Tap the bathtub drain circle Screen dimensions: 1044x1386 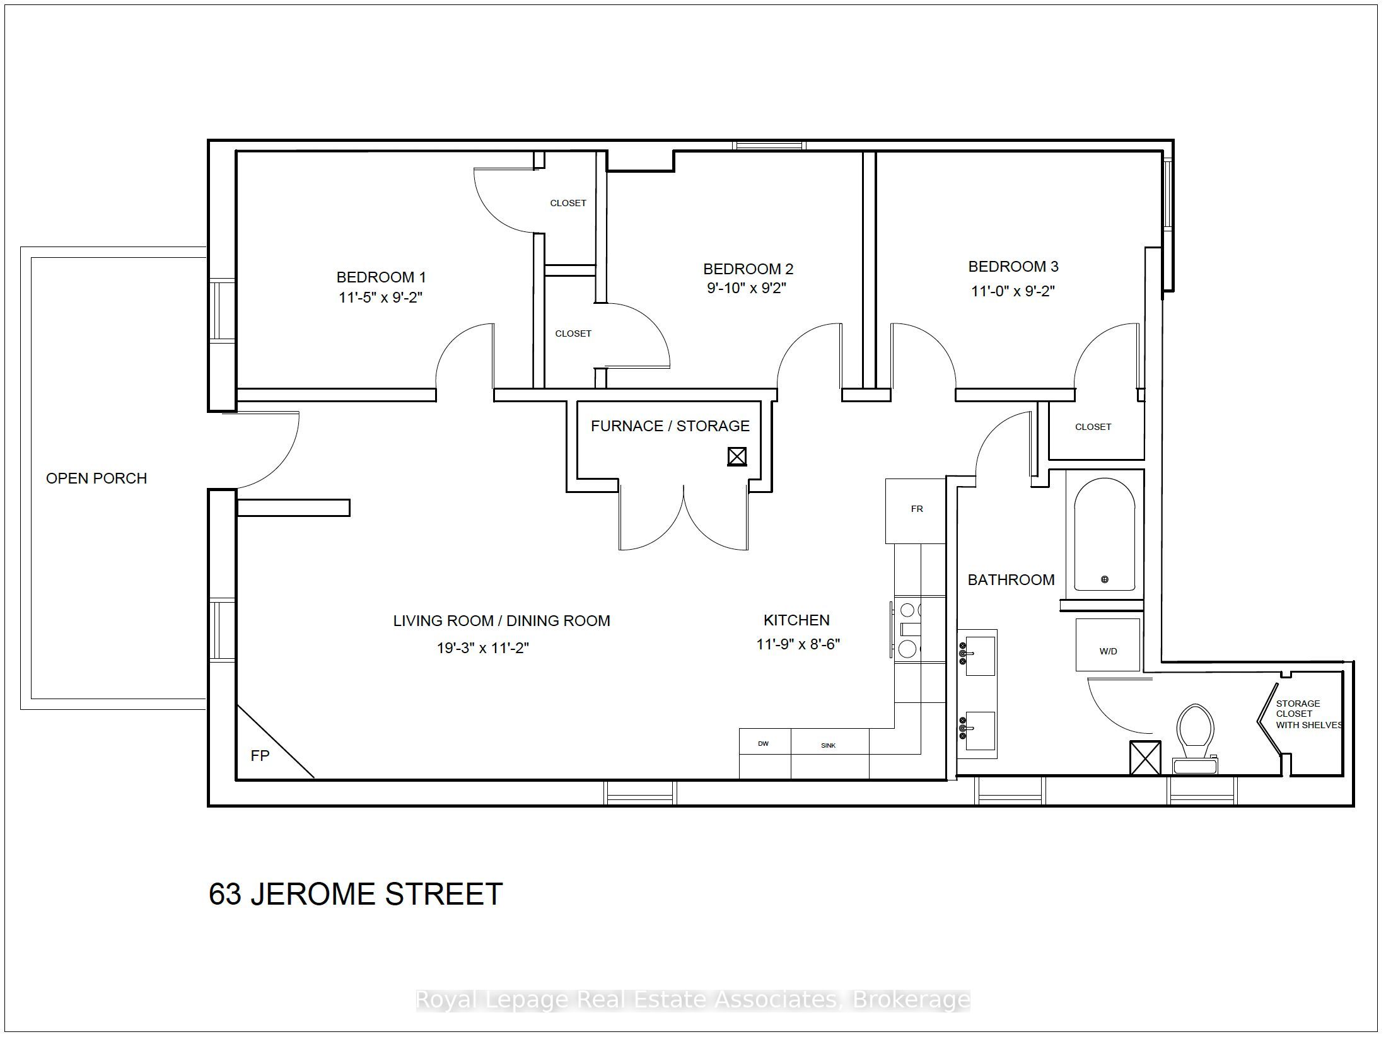coord(1104,579)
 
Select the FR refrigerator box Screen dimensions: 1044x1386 coord(916,510)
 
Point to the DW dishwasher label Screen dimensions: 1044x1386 coord(763,743)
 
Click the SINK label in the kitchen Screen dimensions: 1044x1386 coord(828,745)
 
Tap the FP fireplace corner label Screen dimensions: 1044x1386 coord(260,755)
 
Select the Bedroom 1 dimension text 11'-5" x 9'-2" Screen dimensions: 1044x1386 coord(380,298)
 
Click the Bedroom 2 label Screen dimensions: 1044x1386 coord(748,269)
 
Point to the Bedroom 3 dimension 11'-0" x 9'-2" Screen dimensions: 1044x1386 coord(1013,291)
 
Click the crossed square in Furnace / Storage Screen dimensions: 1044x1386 coord(737,456)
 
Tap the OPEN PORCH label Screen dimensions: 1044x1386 coord(96,478)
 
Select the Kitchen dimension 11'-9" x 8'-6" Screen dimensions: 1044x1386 coord(798,644)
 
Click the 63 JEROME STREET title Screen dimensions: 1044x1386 coord(355,894)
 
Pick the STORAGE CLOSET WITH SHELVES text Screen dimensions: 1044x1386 coord(1307,714)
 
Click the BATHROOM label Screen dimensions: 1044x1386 coord(1011,580)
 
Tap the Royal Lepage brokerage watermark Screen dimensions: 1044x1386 coord(692,1000)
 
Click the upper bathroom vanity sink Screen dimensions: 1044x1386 coord(979,655)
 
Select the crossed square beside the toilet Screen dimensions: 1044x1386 coord(1144,758)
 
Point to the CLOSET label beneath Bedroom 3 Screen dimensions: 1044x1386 coord(1093,427)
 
